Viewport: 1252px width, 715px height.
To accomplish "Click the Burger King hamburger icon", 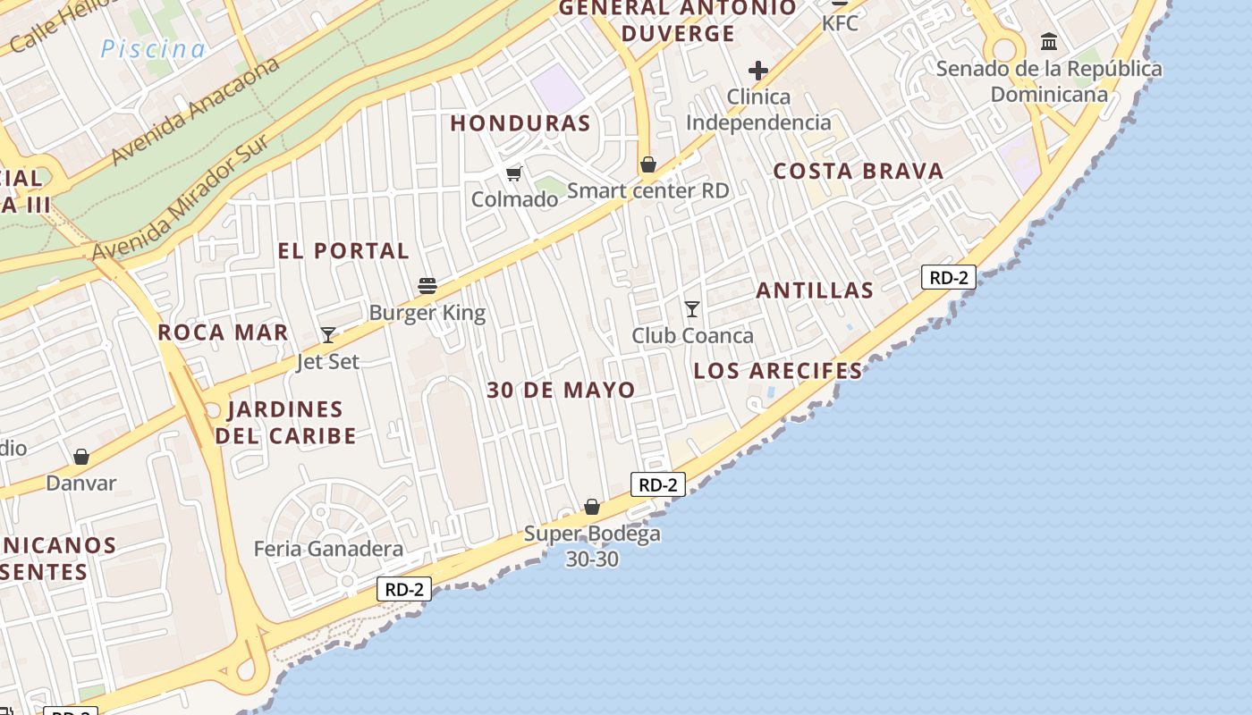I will coord(427,286).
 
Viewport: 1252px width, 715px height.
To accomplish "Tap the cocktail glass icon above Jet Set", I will coord(328,335).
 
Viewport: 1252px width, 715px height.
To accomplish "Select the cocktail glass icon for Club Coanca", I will coord(692,309).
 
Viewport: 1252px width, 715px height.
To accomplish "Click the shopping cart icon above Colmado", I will coord(513,172).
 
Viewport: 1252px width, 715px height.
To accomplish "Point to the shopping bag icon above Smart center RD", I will coord(648,164).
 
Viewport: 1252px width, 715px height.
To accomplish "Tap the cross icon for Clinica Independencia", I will coord(758,71).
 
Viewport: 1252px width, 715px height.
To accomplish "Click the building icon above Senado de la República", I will coord(1049,41).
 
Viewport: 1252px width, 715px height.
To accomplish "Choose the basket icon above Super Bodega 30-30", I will coord(592,507).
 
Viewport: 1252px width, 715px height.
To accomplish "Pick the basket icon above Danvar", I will coord(81,457).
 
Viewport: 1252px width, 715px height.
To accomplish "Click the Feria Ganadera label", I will coord(328,549).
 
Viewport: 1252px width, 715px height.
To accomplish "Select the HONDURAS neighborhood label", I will coord(520,123).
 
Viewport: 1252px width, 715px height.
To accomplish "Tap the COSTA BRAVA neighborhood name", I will coord(859,172).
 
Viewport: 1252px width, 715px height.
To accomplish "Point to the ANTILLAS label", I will coord(815,290).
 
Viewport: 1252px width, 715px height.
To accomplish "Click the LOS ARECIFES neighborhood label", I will coord(778,371).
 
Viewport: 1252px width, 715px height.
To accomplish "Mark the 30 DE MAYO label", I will coord(562,391).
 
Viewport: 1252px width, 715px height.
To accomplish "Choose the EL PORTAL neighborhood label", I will coord(343,251).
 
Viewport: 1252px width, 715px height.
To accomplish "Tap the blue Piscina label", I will coord(153,49).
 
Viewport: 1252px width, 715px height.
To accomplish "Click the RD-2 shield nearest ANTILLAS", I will coord(948,277).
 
